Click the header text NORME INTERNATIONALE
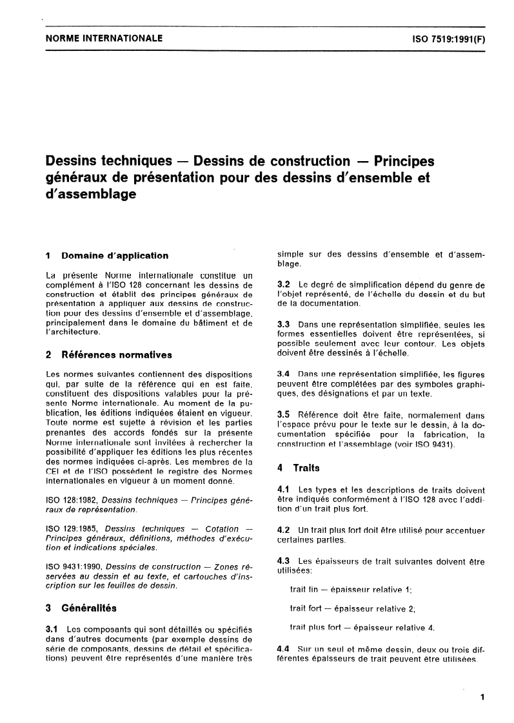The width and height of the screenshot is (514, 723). coord(104,39)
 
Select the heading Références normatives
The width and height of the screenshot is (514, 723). coord(116,354)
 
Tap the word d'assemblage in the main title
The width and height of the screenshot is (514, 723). coord(90,193)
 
